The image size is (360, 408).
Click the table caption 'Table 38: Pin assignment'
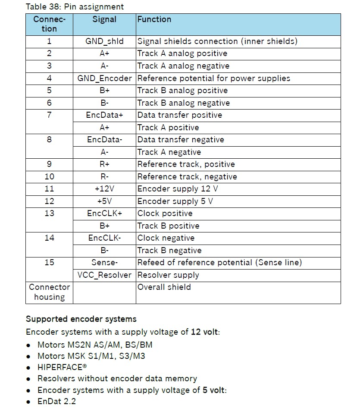[75, 6]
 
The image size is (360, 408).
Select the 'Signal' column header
[104, 19]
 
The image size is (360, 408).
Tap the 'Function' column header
[154, 19]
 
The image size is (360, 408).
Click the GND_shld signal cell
[104, 41]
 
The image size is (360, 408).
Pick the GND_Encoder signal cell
[104, 78]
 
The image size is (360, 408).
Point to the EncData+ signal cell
[104, 115]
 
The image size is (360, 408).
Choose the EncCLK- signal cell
[104, 238]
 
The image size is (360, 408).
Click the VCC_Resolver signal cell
[104, 275]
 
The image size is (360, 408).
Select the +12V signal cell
[104, 189]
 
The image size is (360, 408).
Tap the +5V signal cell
[104, 201]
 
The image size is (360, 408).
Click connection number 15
[49, 262]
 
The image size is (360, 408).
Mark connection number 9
[49, 164]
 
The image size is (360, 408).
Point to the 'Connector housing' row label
[49, 292]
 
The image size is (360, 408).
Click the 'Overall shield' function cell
[164, 287]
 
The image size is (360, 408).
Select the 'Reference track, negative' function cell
[187, 177]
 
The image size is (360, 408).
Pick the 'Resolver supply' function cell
[168, 275]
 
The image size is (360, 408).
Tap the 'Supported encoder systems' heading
[81, 319]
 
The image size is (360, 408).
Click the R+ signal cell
[104, 164]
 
